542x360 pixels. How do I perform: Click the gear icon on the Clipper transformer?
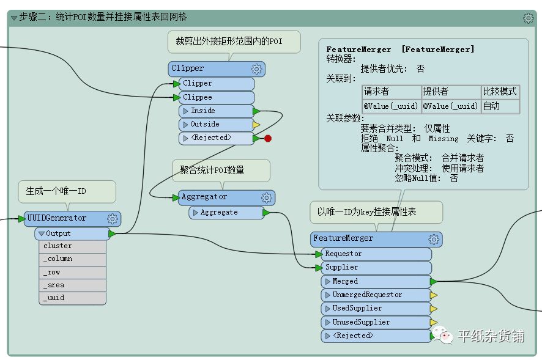(257, 69)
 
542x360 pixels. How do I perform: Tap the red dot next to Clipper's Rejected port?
(267, 139)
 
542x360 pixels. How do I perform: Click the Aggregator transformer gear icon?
(266, 197)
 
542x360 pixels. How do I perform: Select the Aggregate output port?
(226, 212)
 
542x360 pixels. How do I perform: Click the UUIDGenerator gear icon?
(113, 219)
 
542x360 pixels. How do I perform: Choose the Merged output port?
(376, 281)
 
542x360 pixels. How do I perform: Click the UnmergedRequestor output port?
(376, 295)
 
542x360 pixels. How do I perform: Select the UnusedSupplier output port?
(376, 322)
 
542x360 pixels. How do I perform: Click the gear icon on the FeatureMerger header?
(434, 239)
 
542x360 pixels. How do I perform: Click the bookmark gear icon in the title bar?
(529, 18)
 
